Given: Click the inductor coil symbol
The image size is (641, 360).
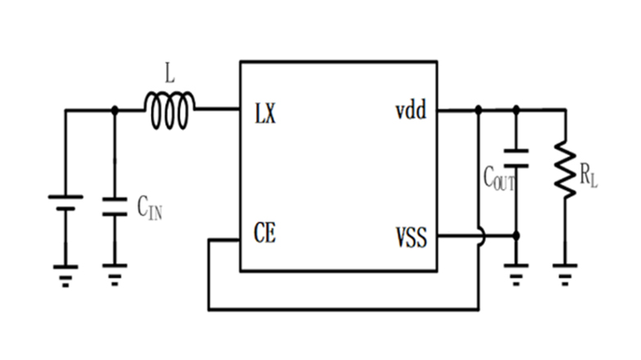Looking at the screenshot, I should (169, 111).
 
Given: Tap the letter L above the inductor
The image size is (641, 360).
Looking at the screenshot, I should (169, 75).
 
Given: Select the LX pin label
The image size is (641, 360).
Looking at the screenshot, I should (266, 113).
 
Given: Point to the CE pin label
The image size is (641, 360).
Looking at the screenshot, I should (265, 236).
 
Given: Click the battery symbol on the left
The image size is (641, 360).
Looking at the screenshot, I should (65, 202).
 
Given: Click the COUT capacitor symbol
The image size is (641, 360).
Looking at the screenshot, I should (516, 158).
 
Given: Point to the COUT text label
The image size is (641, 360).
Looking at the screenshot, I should (498, 178).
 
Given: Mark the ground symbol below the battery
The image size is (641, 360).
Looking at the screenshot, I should (65, 274).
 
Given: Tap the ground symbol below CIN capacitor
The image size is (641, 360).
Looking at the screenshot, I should (114, 274).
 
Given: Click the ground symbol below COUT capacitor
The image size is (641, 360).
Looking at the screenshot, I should (516, 274).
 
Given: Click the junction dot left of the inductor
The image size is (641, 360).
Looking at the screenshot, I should (114, 110).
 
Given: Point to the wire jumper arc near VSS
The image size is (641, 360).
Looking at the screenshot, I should (481, 237).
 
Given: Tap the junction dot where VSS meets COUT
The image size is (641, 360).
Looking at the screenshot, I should (516, 237).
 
